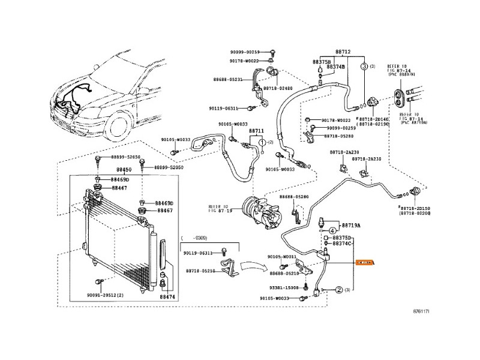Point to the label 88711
coord(256,131)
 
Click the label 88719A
coord(351,226)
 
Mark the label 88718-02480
coord(280,88)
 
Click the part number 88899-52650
coord(125,157)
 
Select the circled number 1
coord(262,142)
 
